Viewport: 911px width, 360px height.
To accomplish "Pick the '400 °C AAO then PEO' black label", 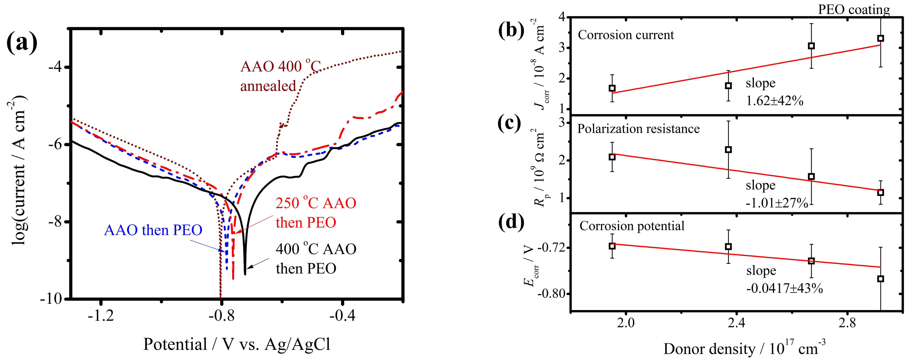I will (316, 259).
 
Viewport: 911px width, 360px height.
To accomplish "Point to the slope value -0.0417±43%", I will (784, 289).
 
